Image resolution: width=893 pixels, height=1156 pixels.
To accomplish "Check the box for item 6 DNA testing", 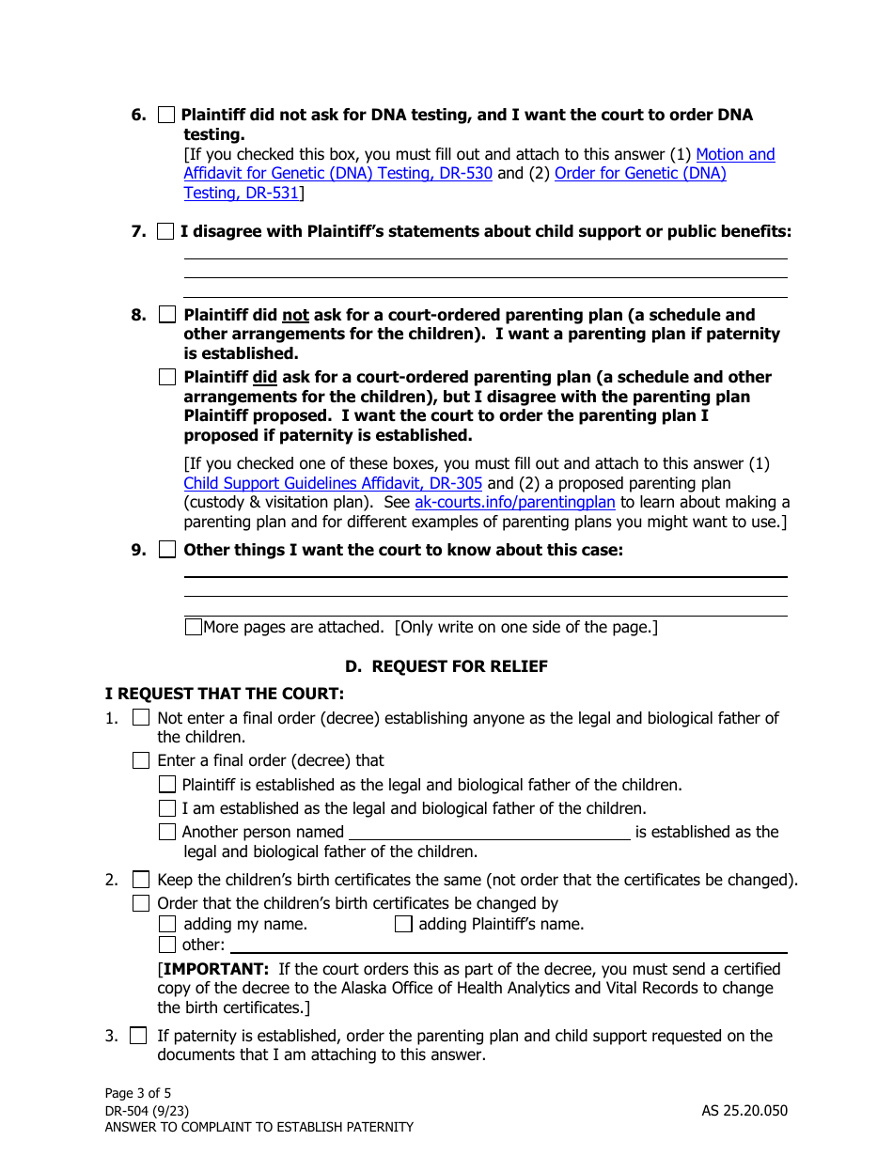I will pos(166,115).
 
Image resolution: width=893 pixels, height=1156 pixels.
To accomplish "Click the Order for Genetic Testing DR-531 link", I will pos(640,174).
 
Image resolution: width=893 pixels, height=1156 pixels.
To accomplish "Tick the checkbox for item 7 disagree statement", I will pos(166,231).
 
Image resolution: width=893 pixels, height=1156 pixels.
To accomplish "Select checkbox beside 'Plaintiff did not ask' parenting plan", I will pos(167,315).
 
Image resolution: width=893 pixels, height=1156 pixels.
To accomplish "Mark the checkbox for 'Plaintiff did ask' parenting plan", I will pos(167,377).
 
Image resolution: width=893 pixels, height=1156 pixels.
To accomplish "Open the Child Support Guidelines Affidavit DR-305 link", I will pos(333,483).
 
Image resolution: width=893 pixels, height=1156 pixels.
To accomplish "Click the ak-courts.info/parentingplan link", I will pos(514,503).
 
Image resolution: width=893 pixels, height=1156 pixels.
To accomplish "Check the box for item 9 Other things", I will pos(167,550).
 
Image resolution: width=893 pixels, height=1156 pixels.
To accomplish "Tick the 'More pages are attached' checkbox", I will pos(194,627).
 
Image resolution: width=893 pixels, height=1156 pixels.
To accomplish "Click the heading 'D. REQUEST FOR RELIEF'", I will pos(446,666).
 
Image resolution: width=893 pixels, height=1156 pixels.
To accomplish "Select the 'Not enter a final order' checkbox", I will pos(141,718).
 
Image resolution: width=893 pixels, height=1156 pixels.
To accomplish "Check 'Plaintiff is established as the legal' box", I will pos(167,784).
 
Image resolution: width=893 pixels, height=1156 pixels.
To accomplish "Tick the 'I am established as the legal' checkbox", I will pos(167,807).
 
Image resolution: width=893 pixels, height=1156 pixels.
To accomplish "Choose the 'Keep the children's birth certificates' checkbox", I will pos(141,880).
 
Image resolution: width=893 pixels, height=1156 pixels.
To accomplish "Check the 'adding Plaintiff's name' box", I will pos(403,924).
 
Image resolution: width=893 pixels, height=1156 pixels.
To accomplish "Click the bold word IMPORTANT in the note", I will pos(214,969).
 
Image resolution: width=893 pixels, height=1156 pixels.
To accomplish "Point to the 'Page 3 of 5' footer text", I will pos(138,1093).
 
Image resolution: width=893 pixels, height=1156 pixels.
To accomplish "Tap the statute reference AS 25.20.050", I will pos(744,1110).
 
